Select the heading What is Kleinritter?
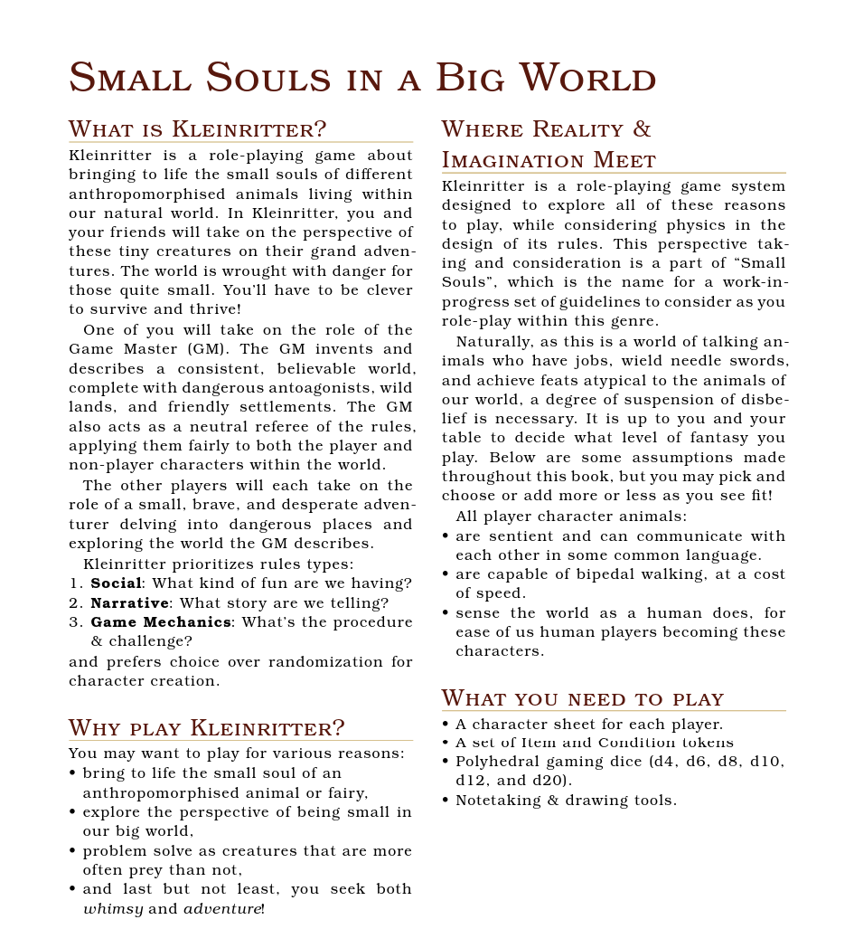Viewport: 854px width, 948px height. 197,129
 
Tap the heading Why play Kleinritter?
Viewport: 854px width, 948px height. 207,728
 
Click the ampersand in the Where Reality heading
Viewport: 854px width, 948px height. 641,129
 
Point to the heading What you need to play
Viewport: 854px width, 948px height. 583,698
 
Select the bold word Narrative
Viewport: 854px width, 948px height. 129,602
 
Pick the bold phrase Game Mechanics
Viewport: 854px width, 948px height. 161,622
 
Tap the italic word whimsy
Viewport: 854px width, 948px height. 113,908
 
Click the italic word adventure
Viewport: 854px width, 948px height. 222,908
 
